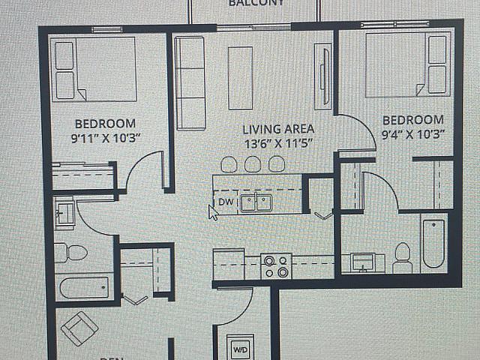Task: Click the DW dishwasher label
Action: pyautogui.click(x=225, y=202)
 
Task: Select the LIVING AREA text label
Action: pyautogui.click(x=277, y=129)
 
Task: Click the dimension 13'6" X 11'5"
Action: pyautogui.click(x=277, y=142)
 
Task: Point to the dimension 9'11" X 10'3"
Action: pyautogui.click(x=105, y=137)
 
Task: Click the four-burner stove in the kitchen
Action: pyautogui.click(x=275, y=266)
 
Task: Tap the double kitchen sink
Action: pyautogui.click(x=256, y=202)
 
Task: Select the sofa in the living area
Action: pyautogui.click(x=190, y=82)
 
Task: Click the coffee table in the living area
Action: pyautogui.click(x=241, y=78)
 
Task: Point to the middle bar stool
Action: pyautogui.click(x=253, y=164)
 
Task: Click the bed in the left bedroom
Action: pyautogui.click(x=94, y=68)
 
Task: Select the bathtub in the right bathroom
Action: pyautogui.click(x=433, y=243)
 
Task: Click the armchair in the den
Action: pyautogui.click(x=79, y=328)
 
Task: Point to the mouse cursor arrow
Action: pyautogui.click(x=212, y=211)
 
